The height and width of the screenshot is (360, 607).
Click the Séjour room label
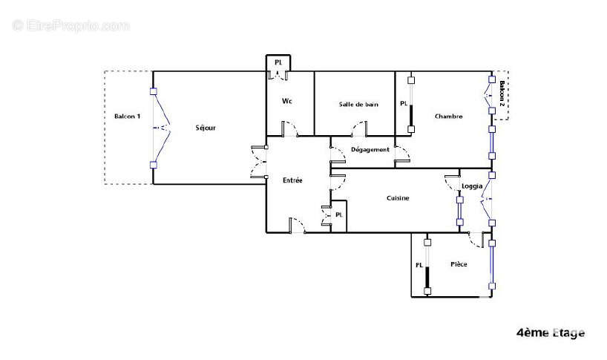[x=206, y=128]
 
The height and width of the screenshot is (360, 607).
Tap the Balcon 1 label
[x=128, y=116]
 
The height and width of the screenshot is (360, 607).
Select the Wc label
[x=287, y=101]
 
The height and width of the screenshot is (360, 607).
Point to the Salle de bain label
[x=358, y=104]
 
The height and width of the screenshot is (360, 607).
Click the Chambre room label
[x=448, y=116]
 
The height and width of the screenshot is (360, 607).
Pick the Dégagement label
[x=370, y=149]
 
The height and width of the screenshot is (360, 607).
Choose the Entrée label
[x=292, y=180]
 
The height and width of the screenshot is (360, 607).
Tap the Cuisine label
[x=398, y=198]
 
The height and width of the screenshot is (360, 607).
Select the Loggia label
[x=472, y=186]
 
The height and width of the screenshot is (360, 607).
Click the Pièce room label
[x=459, y=264]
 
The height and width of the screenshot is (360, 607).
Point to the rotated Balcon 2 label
[x=502, y=94]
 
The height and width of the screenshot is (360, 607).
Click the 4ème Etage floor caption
[x=551, y=333]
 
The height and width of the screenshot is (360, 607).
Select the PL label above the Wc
[x=278, y=62]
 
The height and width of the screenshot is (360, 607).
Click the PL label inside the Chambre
[x=404, y=103]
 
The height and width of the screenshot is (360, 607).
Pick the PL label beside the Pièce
[x=419, y=265]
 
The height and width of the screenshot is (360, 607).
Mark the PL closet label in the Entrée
[x=339, y=215]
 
